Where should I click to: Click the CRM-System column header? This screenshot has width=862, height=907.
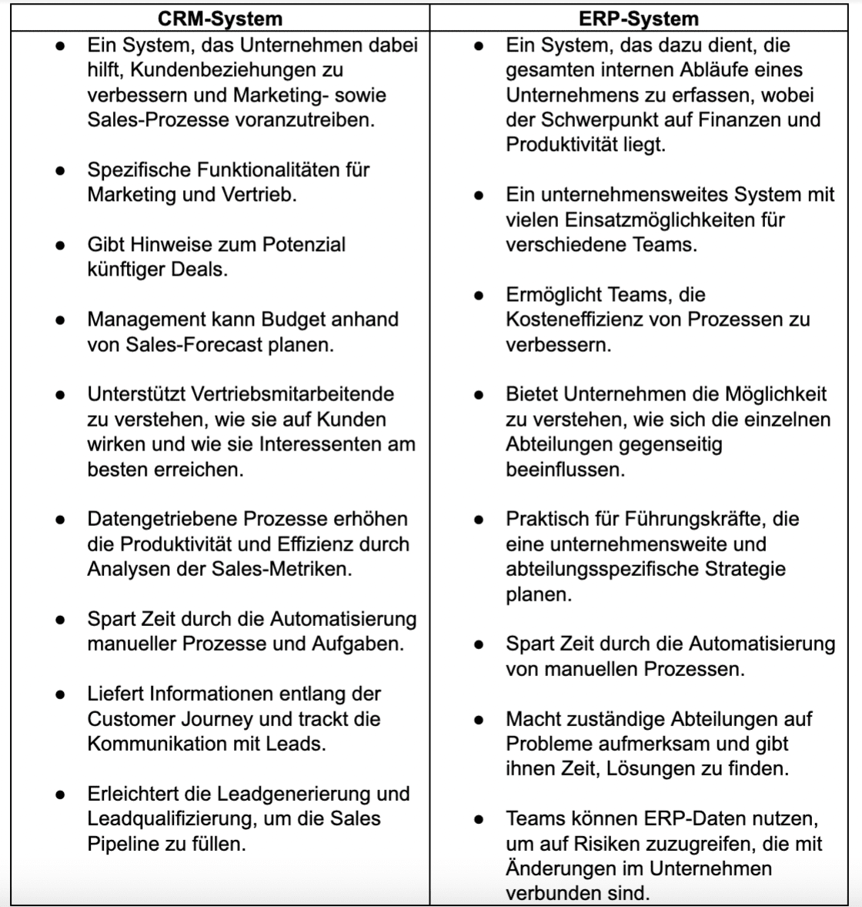[220, 18]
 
